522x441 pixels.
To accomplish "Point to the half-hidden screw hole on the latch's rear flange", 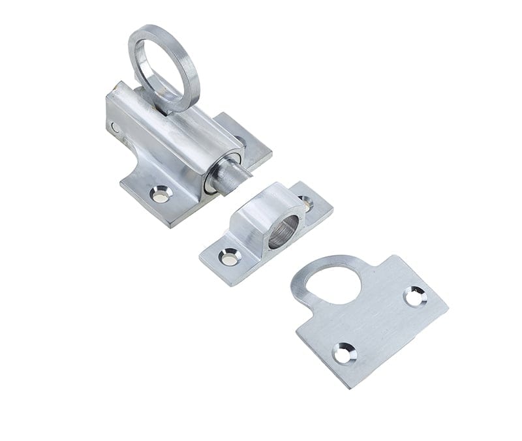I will pyautogui.click(x=242, y=140).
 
